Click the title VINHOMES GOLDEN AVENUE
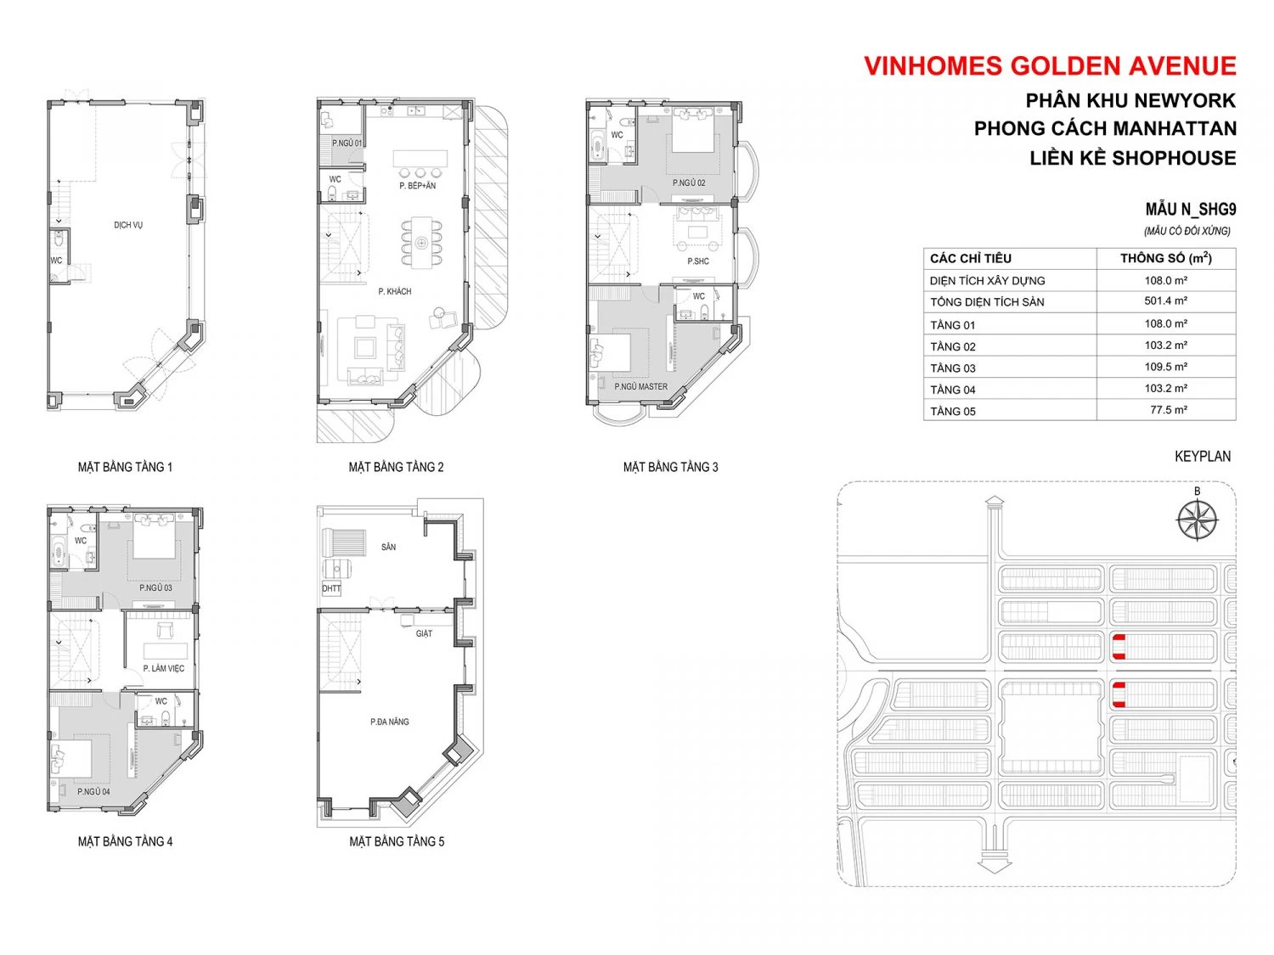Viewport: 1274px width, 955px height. tap(1050, 66)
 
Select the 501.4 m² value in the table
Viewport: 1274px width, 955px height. tap(1165, 301)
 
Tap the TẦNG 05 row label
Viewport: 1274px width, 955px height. tap(952, 411)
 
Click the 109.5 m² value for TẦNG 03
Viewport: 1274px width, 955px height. tap(1165, 367)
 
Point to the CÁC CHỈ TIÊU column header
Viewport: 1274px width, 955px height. tap(971, 259)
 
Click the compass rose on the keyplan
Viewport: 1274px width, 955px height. tap(1197, 519)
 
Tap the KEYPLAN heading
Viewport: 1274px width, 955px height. tap(1202, 457)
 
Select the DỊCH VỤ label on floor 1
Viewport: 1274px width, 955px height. tap(128, 225)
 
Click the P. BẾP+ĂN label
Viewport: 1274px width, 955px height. tap(417, 186)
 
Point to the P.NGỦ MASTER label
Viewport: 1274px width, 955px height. tap(640, 386)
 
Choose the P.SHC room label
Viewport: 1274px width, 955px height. tap(697, 261)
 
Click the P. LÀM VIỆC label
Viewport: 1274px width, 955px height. tap(164, 668)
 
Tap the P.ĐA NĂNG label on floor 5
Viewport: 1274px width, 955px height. tap(390, 722)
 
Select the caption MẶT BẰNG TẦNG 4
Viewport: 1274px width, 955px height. tap(126, 840)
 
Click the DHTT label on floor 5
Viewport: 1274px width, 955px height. tap(331, 588)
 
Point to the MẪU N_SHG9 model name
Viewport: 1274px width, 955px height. tap(1191, 209)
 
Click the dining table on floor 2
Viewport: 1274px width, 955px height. tap(421, 243)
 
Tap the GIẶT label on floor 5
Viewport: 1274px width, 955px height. tap(424, 633)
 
